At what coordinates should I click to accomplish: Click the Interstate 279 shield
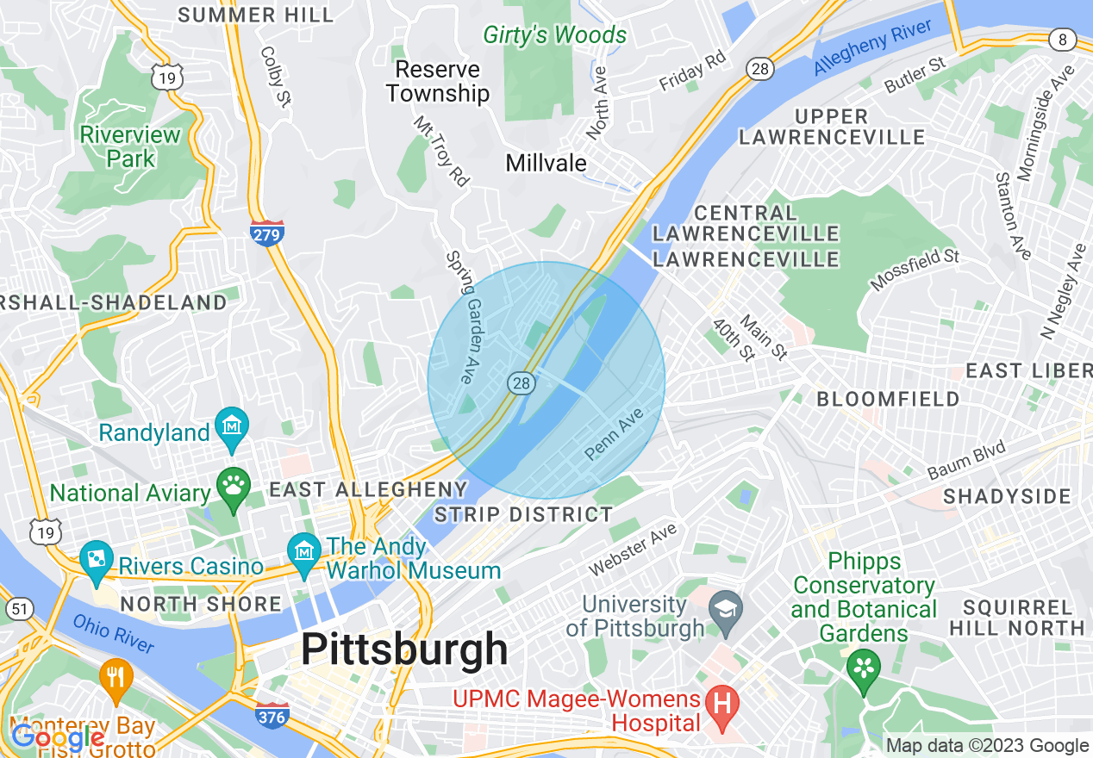pyautogui.click(x=268, y=233)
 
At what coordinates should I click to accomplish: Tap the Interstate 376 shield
pyautogui.click(x=272, y=714)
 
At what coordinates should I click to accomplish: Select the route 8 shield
pyautogui.click(x=1063, y=39)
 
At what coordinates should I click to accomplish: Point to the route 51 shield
pyautogui.click(x=21, y=610)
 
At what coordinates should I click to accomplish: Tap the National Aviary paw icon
pyautogui.click(x=233, y=488)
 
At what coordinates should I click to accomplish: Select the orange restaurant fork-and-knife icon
pyautogui.click(x=116, y=677)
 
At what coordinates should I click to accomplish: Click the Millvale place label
pyautogui.click(x=546, y=163)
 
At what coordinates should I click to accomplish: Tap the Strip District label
pyautogui.click(x=523, y=515)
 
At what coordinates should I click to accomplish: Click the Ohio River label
pyautogui.click(x=113, y=633)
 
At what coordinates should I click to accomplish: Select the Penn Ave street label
pyautogui.click(x=615, y=434)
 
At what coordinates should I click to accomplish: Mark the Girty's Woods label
pyautogui.click(x=554, y=35)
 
